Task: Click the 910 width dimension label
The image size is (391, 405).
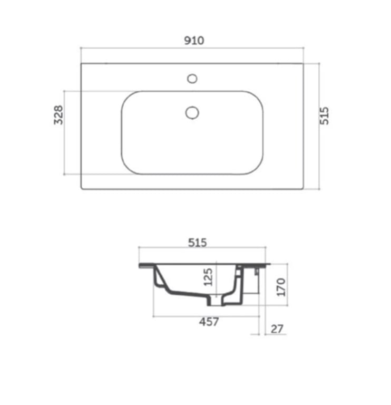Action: (193, 41)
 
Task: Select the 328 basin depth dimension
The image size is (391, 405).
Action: (58, 115)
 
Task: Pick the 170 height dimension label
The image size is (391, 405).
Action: (281, 287)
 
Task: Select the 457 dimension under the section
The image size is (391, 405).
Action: (209, 322)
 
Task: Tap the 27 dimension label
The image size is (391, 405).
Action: (277, 329)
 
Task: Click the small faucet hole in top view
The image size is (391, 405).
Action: (192, 79)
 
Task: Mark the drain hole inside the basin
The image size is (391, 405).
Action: (192, 112)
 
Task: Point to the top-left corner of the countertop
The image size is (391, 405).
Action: (81, 64)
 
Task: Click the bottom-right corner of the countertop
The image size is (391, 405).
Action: (303, 189)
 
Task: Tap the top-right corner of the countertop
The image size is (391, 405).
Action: (303, 64)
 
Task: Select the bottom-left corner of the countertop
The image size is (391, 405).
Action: (81, 189)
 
